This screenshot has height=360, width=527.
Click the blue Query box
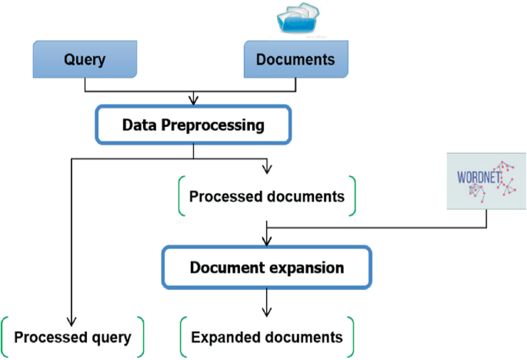tap(84, 60)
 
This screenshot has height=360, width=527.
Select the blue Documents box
tap(295, 60)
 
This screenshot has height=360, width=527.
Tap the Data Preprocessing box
tap(193, 125)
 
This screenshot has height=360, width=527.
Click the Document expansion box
tap(266, 268)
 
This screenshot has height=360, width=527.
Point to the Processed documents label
tap(267, 196)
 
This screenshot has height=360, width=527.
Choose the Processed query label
tap(72, 337)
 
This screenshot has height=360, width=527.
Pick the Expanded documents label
tap(266, 337)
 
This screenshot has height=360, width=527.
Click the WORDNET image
tap(486, 180)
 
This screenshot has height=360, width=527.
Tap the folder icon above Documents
tap(301, 18)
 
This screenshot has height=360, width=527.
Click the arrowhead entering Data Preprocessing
tap(193, 101)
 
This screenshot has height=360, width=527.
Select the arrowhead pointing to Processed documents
tap(266, 168)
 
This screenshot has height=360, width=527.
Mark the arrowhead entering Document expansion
tap(266, 241)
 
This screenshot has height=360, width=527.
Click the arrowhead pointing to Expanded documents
tap(266, 312)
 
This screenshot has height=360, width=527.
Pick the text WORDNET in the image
tap(476, 178)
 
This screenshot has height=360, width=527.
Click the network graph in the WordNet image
tap(504, 178)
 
